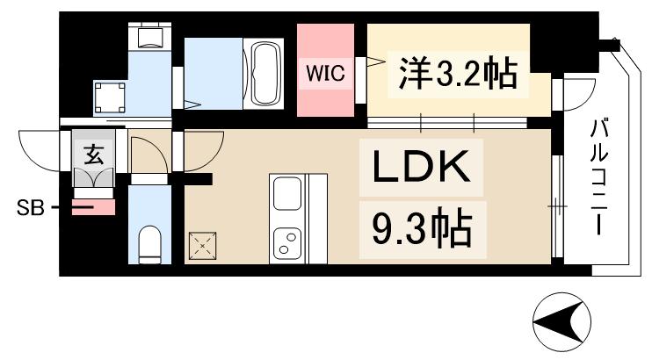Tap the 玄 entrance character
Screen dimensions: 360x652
pos(92,155)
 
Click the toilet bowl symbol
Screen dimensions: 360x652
pos(151,243)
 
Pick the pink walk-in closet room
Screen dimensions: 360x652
pos(326,70)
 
